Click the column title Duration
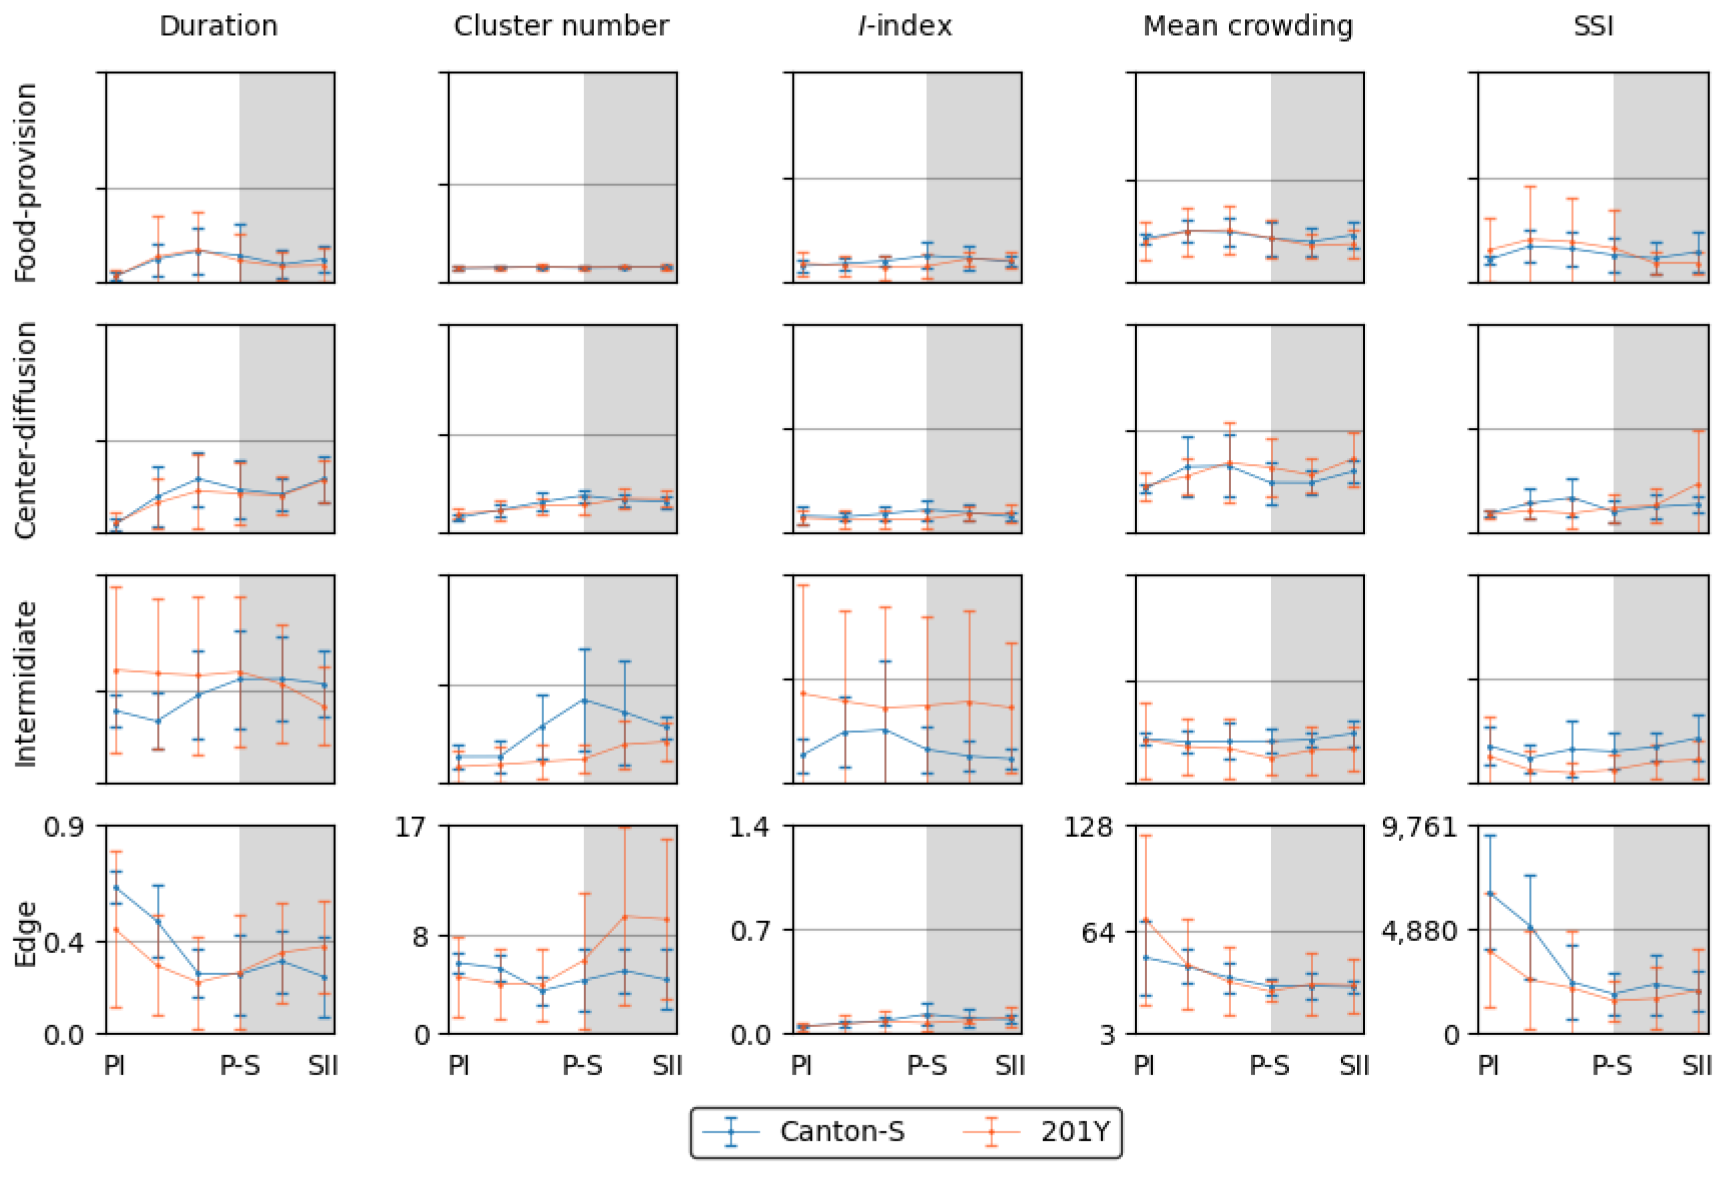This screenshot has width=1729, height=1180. [218, 26]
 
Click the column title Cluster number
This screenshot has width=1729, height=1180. [561, 26]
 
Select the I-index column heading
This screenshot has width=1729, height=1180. [905, 26]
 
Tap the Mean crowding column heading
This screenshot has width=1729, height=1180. [1248, 26]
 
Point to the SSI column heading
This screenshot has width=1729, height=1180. [1593, 26]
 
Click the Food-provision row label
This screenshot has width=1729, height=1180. [26, 182]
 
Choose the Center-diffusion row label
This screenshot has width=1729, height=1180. [26, 429]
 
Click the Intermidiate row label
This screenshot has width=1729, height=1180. [26, 683]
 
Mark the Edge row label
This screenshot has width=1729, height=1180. [26, 934]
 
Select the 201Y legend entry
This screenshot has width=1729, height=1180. [1074, 1132]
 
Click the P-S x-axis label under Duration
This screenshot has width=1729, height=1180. [240, 1066]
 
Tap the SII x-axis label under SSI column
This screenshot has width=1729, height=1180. [1696, 1066]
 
